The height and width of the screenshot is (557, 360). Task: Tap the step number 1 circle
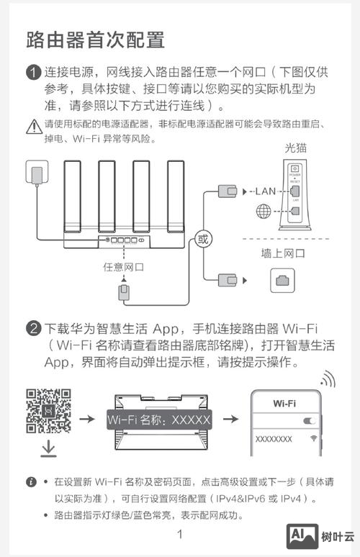(32, 73)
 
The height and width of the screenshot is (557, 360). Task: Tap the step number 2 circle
(32, 330)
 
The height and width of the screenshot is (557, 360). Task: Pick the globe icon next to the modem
(264, 212)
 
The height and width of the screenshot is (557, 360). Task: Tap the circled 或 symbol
(203, 238)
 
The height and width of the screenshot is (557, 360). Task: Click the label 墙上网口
(283, 253)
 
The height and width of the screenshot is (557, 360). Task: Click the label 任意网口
(124, 267)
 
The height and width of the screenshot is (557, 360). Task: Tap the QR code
(48, 411)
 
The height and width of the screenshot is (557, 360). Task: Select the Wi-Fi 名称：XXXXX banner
(158, 419)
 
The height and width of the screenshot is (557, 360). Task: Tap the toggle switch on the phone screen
(310, 420)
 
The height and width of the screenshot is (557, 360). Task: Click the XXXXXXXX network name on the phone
(274, 438)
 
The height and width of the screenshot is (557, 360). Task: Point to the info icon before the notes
(31, 481)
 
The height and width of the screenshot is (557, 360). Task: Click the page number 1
(180, 534)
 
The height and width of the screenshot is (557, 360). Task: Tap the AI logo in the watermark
(302, 536)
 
